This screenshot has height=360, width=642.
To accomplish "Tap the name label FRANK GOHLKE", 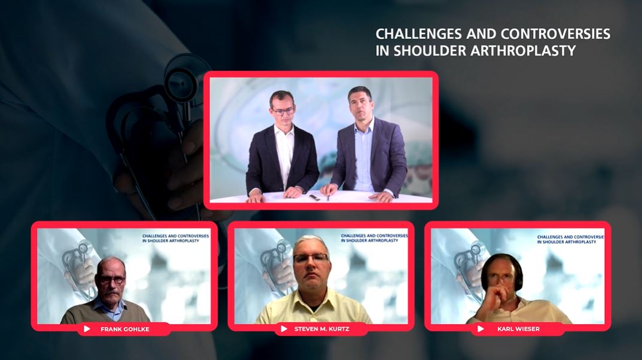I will tap(126, 329).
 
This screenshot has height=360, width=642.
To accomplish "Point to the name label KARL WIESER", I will tap(519, 329).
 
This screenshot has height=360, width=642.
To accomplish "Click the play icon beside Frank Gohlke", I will tap(87, 329).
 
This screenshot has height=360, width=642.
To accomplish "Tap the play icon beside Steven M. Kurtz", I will tap(284, 329).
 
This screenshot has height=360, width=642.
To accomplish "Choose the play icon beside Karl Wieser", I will tap(480, 329).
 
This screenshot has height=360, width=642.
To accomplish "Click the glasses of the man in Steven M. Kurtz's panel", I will tap(311, 258).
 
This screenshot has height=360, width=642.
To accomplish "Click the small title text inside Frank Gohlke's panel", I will tap(175, 239).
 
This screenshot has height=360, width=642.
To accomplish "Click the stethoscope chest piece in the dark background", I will tap(181, 78).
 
